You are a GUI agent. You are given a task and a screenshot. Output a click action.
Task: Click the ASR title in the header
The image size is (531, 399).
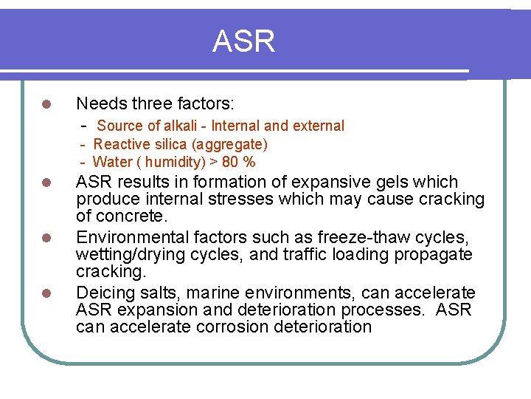tap(243, 41)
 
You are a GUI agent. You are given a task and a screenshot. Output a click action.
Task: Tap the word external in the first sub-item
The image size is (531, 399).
tap(319, 126)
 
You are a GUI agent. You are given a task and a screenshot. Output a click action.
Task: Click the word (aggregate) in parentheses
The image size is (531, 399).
tap(232, 144)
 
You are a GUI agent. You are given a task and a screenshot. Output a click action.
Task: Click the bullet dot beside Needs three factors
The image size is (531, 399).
tap(45, 104)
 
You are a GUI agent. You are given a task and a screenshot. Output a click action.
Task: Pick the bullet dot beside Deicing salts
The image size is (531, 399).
tap(45, 293)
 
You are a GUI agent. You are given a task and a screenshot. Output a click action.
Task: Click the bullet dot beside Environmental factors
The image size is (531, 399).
tap(45, 238)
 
